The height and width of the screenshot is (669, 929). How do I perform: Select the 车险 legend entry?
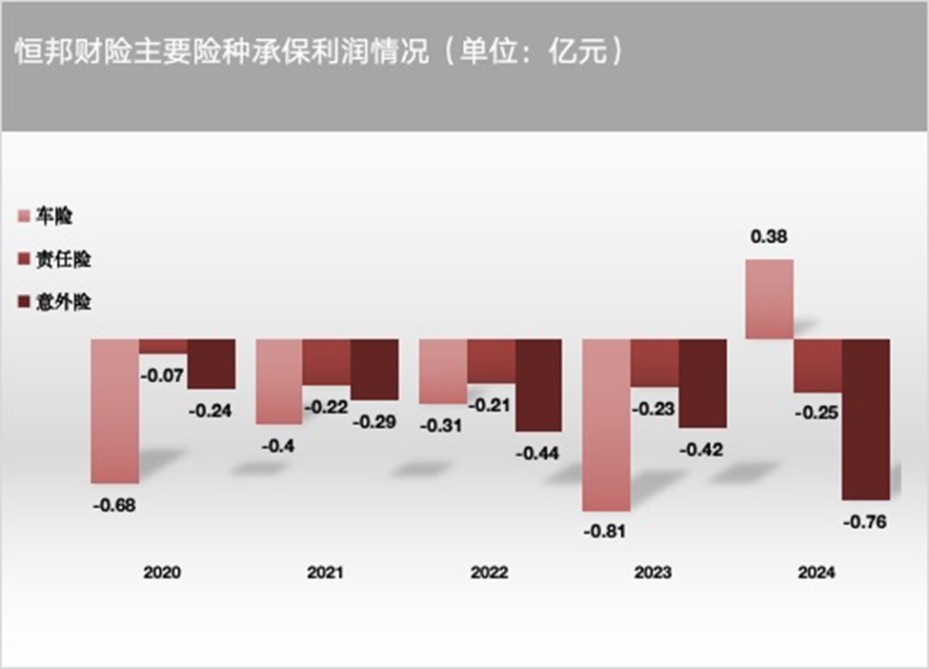click(47, 216)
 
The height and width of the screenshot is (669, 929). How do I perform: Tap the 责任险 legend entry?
click(55, 259)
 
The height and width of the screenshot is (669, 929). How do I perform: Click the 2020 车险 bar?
click(114, 410)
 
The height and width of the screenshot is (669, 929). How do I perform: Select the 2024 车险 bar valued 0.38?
click(769, 298)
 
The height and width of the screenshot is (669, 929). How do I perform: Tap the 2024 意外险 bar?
click(865, 418)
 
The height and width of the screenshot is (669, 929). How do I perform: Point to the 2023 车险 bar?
click(606, 424)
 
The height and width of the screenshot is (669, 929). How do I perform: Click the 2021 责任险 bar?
click(327, 362)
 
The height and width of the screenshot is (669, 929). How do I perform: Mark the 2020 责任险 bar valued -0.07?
click(163, 346)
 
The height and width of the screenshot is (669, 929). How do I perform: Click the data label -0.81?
click(605, 531)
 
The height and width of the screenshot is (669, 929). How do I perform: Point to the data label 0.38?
click(769, 238)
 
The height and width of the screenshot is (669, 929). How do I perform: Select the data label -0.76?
click(866, 520)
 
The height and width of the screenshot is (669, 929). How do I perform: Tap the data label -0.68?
click(114, 504)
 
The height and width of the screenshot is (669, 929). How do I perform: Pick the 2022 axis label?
click(490, 573)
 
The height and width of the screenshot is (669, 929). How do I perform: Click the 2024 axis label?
click(817, 573)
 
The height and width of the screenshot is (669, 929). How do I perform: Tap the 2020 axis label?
click(162, 573)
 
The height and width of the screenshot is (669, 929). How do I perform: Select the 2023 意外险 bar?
click(702, 383)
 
